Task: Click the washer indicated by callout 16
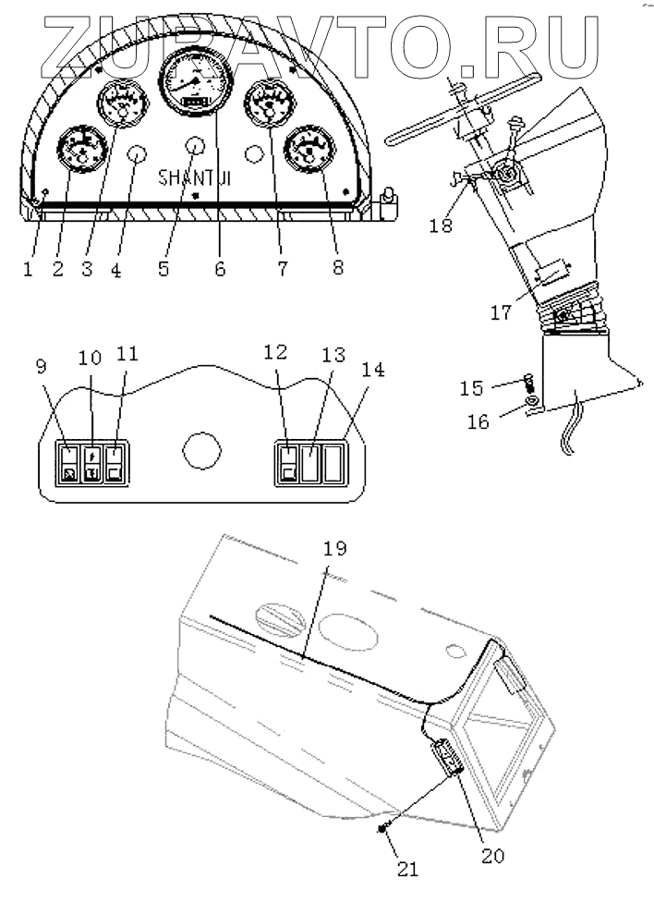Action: [533, 402]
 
